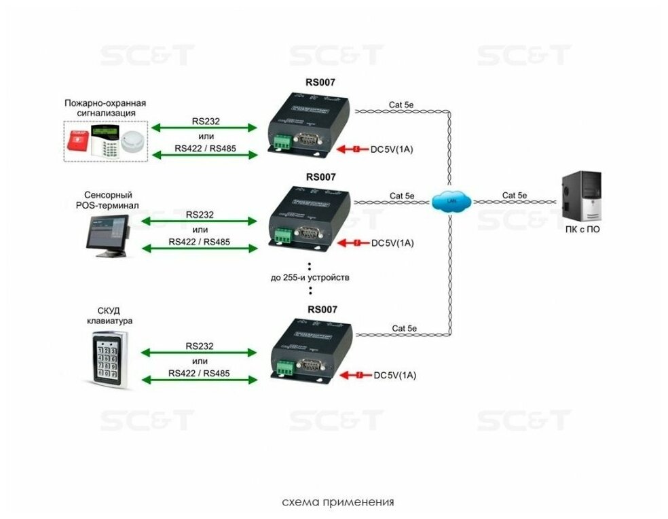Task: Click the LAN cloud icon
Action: pyautogui.click(x=449, y=201)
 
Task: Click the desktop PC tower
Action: pyautogui.click(x=582, y=194)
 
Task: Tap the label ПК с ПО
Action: pyautogui.click(x=582, y=229)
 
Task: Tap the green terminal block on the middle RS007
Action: pyautogui.click(x=282, y=235)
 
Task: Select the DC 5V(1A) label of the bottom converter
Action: pyautogui.click(x=395, y=375)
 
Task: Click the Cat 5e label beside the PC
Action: pyautogui.click(x=514, y=195)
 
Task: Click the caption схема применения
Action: pyautogui.click(x=337, y=503)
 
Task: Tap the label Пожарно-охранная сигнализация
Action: pyautogui.click(x=105, y=108)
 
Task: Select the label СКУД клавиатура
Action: pyautogui.click(x=109, y=315)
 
